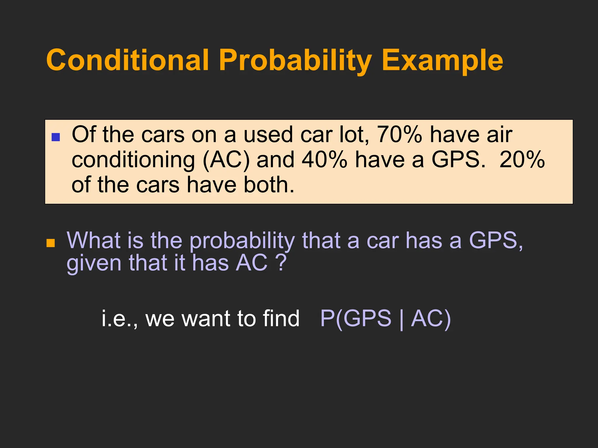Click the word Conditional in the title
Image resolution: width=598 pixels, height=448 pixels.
click(x=128, y=60)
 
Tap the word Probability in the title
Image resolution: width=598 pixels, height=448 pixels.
click(x=295, y=61)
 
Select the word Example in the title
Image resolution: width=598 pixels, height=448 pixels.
click(x=442, y=61)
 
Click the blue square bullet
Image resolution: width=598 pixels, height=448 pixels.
click(x=55, y=137)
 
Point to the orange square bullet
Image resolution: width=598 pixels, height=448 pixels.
click(x=51, y=243)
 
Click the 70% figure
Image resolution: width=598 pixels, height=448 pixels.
click(x=399, y=135)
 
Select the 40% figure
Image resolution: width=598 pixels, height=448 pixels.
click(x=324, y=160)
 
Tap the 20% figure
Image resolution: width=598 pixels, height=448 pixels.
click(x=522, y=160)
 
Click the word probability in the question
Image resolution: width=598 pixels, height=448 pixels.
click(x=242, y=241)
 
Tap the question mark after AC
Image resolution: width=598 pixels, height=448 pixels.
click(x=281, y=262)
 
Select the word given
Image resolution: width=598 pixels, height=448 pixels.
click(x=94, y=263)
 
